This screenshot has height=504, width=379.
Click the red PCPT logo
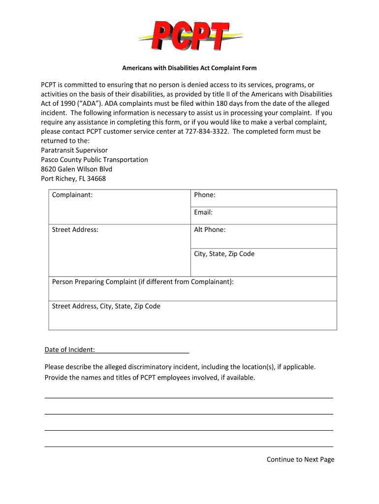[x=190, y=35]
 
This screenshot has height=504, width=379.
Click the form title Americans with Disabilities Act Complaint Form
[x=189, y=68]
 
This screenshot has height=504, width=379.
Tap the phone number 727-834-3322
[x=207, y=131]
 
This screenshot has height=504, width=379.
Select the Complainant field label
[x=72, y=195]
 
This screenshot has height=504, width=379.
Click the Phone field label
[x=205, y=195]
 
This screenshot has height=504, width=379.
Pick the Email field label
[x=203, y=213]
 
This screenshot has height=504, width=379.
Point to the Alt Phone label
[x=210, y=229]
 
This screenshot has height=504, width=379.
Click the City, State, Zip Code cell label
[x=224, y=254]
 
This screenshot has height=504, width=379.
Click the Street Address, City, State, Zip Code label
[x=106, y=306]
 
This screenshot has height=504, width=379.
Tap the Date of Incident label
[x=69, y=350]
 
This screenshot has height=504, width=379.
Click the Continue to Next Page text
[x=300, y=459]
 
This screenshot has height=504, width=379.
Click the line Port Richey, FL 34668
[x=73, y=178]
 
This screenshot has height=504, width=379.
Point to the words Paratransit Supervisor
[x=74, y=150]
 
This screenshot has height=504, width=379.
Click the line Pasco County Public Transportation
[x=95, y=159]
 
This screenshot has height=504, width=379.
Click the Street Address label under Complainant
[x=75, y=229]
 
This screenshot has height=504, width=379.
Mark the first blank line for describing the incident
[x=189, y=397]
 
